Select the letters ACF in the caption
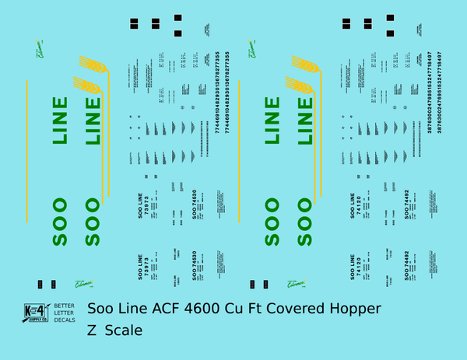pyautogui.click(x=181, y=309)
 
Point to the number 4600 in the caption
pyautogui.click(x=223, y=309)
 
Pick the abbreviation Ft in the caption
pyautogui.click(x=280, y=309)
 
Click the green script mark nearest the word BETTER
pyautogui.click(x=80, y=285)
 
